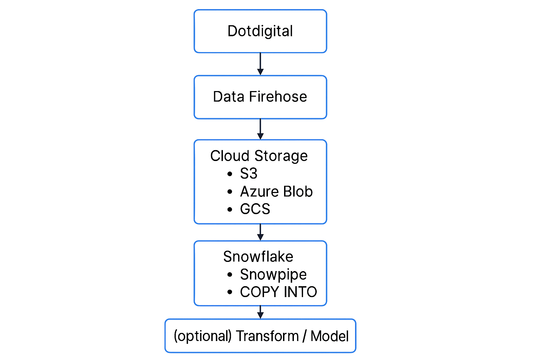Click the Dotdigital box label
click(260, 31)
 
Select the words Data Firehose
click(260, 97)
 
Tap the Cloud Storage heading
click(259, 156)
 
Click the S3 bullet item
click(249, 173)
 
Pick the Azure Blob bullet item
click(276, 192)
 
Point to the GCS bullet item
click(255, 209)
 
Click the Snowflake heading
click(258, 256)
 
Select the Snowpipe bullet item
click(273, 275)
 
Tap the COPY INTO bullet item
click(278, 292)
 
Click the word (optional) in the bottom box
click(202, 336)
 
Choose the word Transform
click(267, 336)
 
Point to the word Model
click(329, 336)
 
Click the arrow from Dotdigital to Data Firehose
click(261, 64)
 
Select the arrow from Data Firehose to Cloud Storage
click(261, 129)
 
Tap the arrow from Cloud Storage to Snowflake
click(261, 232)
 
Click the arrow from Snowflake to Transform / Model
click(261, 312)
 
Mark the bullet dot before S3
click(230, 174)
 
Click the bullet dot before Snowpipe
click(230, 275)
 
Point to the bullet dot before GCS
click(230, 209)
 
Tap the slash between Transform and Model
click(305, 336)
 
